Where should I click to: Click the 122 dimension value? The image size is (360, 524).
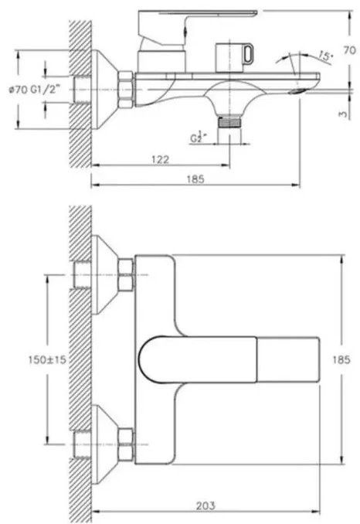[x=160, y=159]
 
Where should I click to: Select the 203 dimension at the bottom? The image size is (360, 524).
[x=205, y=505]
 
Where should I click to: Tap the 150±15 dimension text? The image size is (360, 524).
[x=47, y=360]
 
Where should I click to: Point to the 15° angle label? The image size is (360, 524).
[x=325, y=56]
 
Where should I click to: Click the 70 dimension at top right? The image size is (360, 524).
[x=349, y=50]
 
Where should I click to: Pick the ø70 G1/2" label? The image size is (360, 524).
[x=32, y=90]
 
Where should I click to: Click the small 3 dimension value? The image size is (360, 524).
[x=343, y=114]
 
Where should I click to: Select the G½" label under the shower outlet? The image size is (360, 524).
[x=198, y=136]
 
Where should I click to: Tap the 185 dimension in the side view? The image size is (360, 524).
[x=195, y=179]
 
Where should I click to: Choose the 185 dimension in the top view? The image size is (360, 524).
[x=341, y=360]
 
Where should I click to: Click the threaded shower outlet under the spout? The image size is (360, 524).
[x=229, y=121]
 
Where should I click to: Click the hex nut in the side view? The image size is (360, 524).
[x=126, y=90]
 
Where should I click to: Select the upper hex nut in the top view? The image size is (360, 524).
[x=126, y=274]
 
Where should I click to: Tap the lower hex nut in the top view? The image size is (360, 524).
[x=126, y=444]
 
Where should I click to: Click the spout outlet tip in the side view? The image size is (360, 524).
[x=299, y=91]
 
